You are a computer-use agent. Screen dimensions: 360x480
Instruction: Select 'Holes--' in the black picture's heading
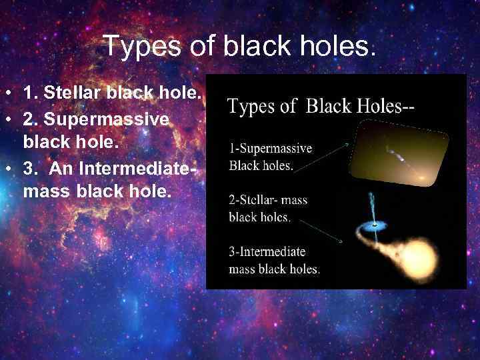384,105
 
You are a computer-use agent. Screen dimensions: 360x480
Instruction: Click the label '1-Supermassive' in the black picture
270,148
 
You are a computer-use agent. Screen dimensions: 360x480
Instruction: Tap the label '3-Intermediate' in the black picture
267,251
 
